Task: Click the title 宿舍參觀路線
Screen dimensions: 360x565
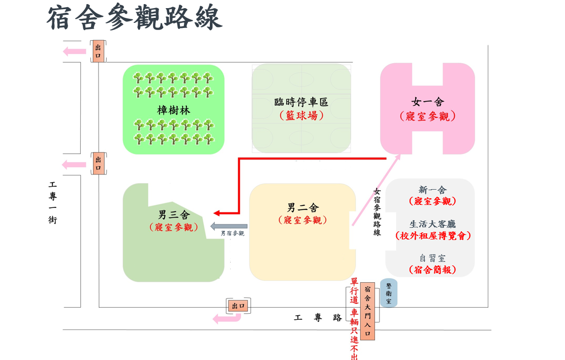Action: coord(135,18)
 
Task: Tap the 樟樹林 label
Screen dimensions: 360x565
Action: coord(174,110)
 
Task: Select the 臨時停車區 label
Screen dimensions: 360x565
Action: coord(301,102)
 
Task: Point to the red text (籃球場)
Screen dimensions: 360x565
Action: coord(301,115)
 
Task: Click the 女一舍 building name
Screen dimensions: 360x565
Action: coord(427,102)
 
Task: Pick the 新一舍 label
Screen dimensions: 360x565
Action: coord(432,190)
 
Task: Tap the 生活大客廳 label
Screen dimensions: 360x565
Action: coord(432,224)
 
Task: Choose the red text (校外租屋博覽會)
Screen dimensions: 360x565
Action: coord(433,236)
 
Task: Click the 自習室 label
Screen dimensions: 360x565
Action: coord(432,258)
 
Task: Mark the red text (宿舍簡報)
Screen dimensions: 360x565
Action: coord(432,270)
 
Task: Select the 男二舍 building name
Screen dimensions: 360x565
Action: coord(303,207)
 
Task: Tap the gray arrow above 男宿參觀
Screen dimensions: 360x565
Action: coord(229,226)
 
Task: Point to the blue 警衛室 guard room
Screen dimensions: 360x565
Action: coord(389,293)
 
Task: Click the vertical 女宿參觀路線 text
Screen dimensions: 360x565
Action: coord(377,212)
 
